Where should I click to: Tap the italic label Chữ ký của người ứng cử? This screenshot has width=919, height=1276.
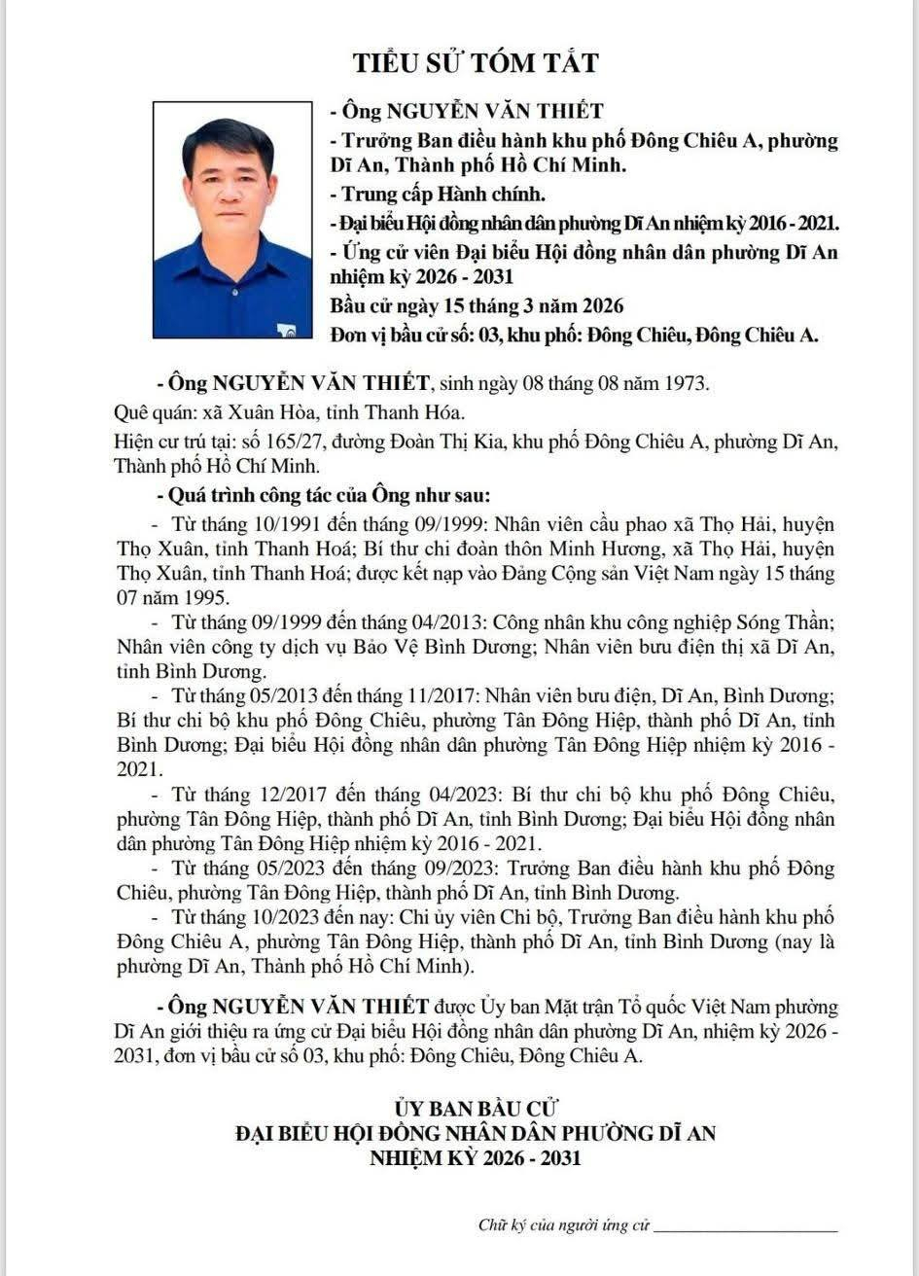click(x=563, y=1224)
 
